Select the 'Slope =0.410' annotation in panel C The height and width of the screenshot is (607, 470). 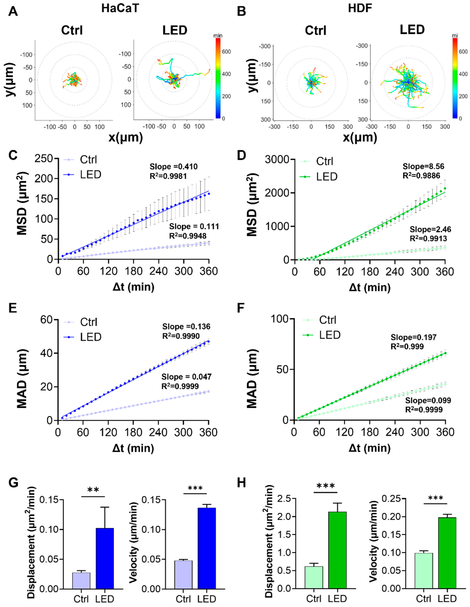173,167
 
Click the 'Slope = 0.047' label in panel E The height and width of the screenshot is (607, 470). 186,377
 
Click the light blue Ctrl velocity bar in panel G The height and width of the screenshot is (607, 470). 183,574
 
